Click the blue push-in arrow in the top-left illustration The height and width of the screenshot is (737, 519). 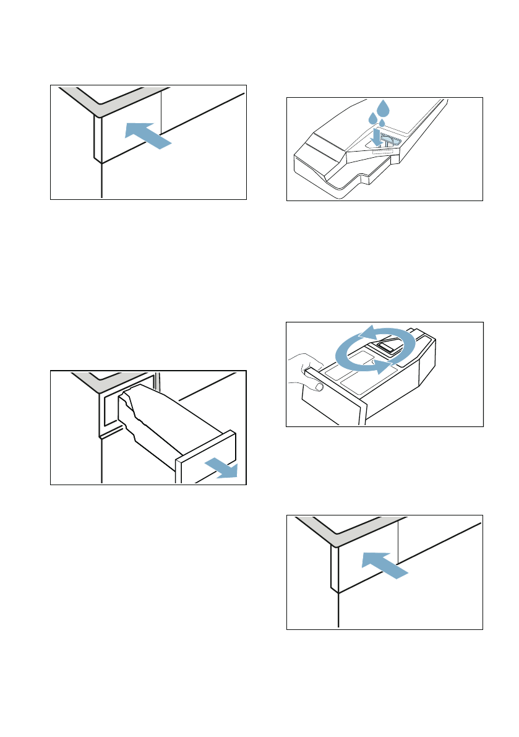pyautogui.click(x=146, y=135)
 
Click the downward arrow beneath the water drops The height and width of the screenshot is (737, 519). pyautogui.click(x=376, y=137)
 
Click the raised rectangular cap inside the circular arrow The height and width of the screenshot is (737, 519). pyautogui.click(x=385, y=347)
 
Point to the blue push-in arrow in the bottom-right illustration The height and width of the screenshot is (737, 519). pyautogui.click(x=384, y=566)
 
